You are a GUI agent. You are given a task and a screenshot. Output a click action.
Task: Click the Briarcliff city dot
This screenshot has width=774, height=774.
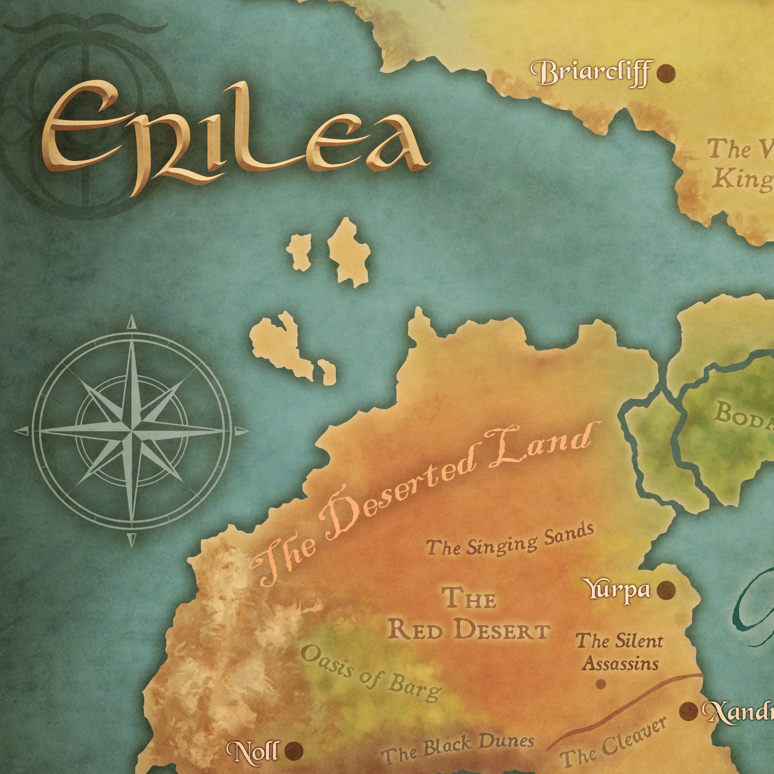coord(666,74)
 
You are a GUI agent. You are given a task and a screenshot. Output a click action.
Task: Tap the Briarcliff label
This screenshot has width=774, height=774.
coord(591,74)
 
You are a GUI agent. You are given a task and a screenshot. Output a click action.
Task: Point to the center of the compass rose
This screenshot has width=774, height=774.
coord(132,431)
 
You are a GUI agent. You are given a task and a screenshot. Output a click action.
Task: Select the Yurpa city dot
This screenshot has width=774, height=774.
coord(666,590)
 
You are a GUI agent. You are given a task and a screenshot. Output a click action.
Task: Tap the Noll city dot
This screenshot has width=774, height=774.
coord(294,751)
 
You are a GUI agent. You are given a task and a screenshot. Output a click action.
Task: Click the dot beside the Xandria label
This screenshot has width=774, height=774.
coord(689,711)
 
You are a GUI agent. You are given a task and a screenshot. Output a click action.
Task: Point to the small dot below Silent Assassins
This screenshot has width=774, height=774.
coord(601,684)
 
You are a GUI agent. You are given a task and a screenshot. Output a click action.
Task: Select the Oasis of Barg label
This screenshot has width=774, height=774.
coord(370,673)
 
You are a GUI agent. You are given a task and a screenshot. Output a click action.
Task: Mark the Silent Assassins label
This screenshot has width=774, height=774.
coord(620,652)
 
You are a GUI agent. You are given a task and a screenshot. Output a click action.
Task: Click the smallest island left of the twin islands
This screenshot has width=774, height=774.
coord(299,251)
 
